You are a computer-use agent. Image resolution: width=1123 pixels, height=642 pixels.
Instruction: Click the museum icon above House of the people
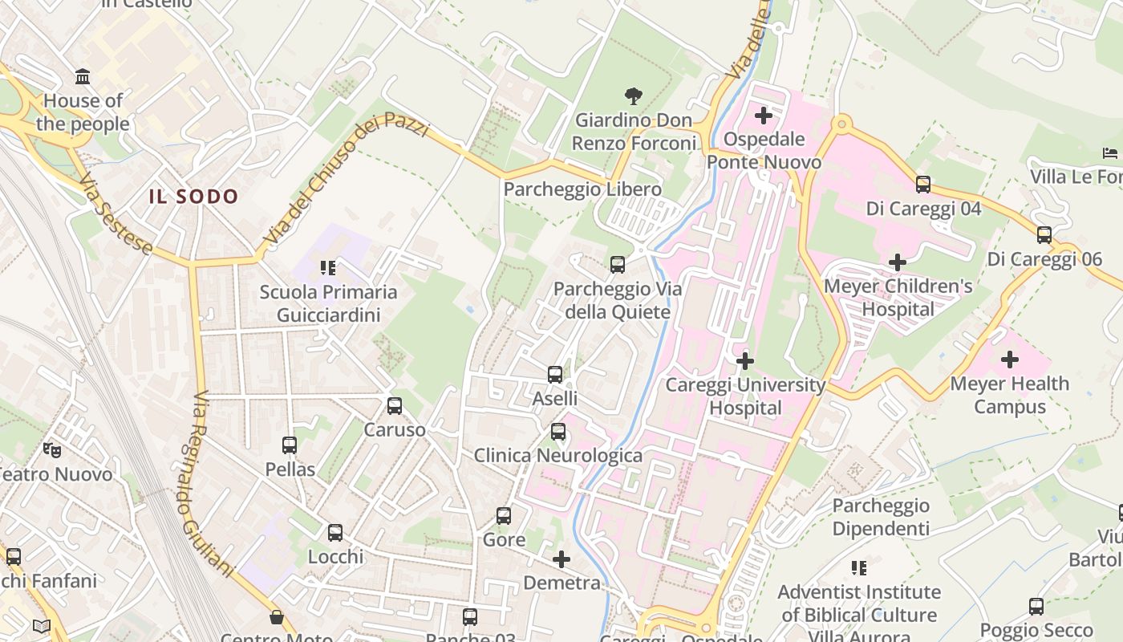(83, 77)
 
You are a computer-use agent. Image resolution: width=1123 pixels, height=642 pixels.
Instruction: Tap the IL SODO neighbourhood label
(193, 197)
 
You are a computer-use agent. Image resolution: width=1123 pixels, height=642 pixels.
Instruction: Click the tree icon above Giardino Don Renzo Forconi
(634, 96)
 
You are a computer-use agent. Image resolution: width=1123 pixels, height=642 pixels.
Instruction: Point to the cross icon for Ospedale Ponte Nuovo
(763, 116)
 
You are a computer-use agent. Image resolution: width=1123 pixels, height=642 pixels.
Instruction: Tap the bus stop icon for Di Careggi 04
(923, 185)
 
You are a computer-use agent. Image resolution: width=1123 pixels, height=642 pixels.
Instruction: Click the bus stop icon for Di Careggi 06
(1044, 235)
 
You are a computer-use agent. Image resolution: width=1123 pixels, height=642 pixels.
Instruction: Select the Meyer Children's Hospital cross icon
(898, 262)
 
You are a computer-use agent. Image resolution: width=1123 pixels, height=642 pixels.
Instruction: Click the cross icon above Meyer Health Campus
(1010, 360)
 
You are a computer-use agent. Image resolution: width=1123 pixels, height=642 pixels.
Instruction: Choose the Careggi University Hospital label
(745, 396)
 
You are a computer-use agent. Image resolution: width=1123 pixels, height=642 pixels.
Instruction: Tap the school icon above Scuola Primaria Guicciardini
(327, 267)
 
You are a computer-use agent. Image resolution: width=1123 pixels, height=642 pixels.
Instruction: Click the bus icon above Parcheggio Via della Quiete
(617, 265)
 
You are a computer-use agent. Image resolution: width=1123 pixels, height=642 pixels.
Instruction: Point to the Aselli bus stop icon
(554, 374)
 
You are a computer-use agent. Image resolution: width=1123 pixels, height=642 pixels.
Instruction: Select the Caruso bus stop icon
(394, 405)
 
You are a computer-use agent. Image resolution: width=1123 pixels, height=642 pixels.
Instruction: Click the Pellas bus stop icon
(290, 445)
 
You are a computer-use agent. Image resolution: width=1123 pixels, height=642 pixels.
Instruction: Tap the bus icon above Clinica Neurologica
(558, 432)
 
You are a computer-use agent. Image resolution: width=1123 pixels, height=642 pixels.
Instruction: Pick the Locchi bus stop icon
(335, 532)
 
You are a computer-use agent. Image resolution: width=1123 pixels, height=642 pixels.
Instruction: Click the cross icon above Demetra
(561, 559)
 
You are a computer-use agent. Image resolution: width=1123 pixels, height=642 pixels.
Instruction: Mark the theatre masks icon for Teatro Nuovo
(52, 450)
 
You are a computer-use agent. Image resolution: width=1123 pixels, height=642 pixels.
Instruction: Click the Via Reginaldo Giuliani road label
(213, 484)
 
